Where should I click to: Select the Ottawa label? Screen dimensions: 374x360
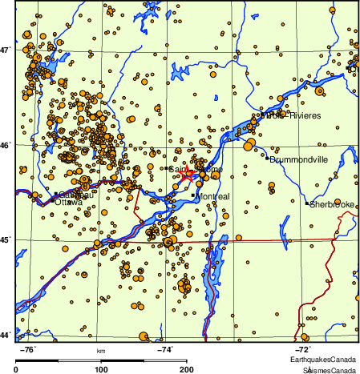coord(69,203)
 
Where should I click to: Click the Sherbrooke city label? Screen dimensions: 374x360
coord(333,204)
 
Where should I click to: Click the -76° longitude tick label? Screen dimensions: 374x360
coord(26,349)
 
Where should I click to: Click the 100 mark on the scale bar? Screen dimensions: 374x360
coord(102,369)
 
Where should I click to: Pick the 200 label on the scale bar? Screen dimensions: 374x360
coord(187,369)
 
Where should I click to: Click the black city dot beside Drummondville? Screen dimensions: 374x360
coord(266,159)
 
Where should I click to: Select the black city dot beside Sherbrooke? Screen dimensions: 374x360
coord(307,203)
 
